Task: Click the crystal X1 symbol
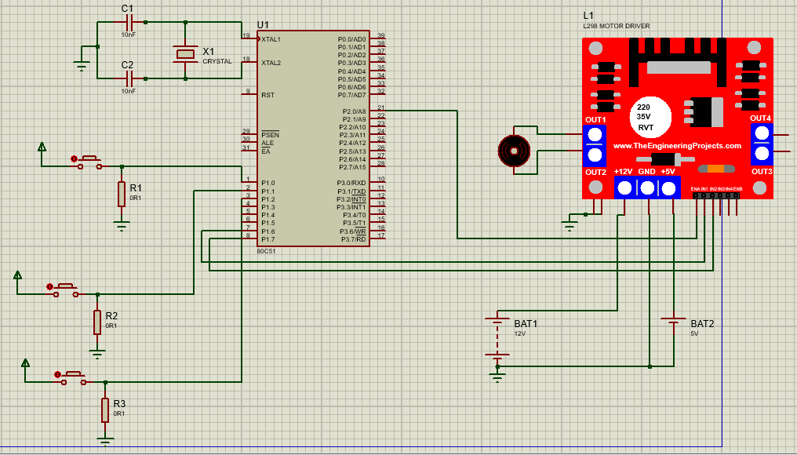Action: [185, 53]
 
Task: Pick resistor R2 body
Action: [97, 322]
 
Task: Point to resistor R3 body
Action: [105, 409]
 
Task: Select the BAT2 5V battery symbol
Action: [673, 322]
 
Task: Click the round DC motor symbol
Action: [515, 150]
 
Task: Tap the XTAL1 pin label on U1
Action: [271, 39]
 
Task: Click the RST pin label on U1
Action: [267, 95]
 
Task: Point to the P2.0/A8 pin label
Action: [352, 111]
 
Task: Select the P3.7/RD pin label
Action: [353, 239]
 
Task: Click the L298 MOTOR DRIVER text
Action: [616, 26]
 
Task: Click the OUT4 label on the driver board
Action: [761, 118]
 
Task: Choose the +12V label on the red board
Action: [624, 172]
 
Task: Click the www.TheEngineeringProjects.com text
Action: [676, 146]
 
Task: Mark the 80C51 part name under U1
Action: [267, 251]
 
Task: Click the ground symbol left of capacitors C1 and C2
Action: [82, 66]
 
